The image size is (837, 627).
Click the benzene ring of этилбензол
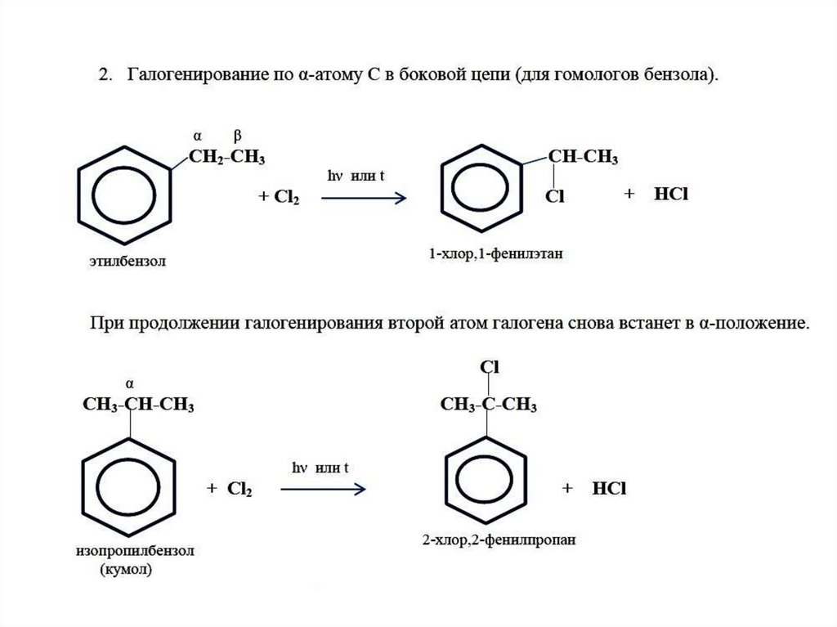125,195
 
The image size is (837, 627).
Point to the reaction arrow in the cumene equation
322,489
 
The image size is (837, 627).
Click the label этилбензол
134,262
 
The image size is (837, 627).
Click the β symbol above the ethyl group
237,136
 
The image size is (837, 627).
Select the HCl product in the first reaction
671,195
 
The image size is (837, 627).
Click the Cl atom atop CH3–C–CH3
489,367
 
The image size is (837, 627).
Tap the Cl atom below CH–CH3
556,196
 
